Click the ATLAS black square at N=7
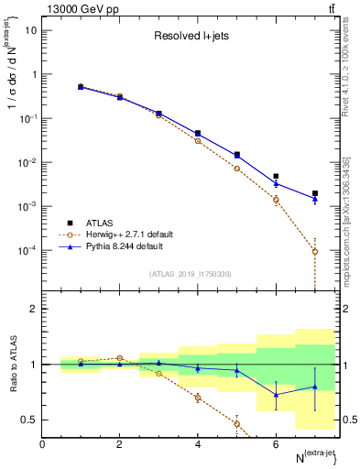click(315, 193)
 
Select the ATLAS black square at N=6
click(276, 176)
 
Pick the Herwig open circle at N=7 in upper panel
click(315, 251)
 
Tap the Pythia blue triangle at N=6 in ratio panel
click(276, 395)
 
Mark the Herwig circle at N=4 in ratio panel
click(198, 398)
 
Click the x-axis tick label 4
click(198, 444)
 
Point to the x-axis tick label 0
click(42, 444)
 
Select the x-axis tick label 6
click(276, 444)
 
